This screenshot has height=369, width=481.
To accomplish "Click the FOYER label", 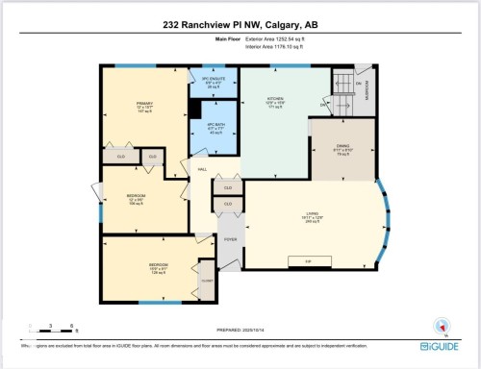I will tap(230, 239).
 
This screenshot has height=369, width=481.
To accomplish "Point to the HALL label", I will tap(202, 170).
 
